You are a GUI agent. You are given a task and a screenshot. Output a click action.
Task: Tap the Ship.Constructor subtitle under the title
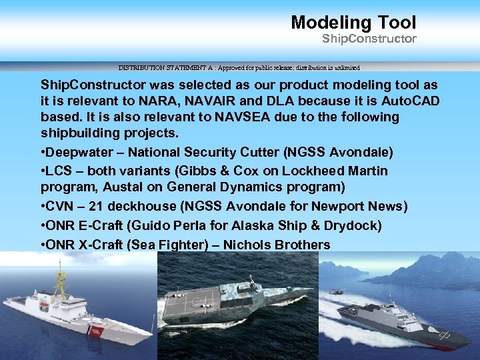coord(369,39)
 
